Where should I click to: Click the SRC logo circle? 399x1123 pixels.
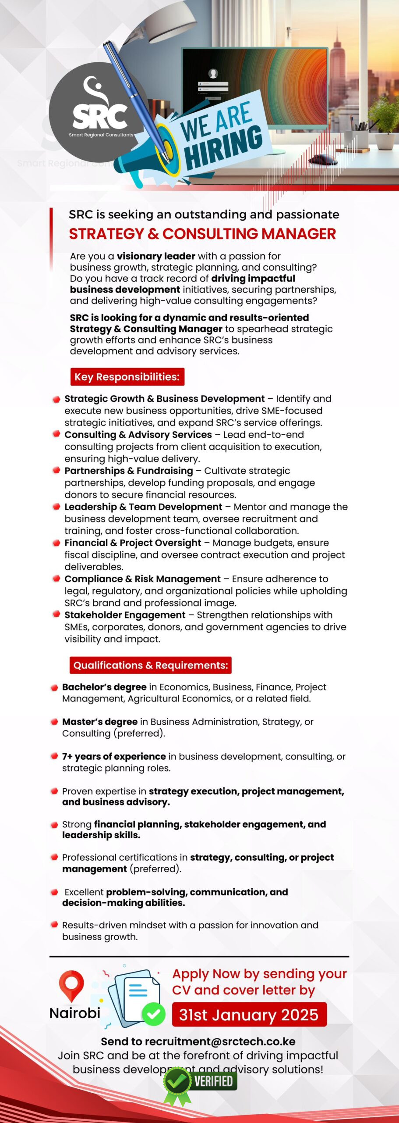point(94,107)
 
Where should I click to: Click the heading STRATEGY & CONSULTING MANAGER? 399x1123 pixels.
point(202,234)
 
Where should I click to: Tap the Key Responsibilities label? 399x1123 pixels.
point(127,377)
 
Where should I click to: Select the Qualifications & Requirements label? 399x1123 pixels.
point(150,665)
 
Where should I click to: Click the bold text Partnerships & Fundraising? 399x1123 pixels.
point(128,471)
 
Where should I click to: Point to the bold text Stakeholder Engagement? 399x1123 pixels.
point(125,615)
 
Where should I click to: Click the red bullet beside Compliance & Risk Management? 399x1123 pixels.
point(56,579)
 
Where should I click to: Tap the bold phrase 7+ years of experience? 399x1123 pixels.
point(114,756)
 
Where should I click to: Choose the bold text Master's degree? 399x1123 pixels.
point(100,722)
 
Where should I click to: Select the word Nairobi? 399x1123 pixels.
point(75,1013)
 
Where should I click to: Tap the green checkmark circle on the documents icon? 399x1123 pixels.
point(153,1014)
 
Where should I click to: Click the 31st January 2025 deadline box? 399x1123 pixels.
point(249,1015)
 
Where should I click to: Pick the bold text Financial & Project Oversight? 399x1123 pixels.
point(133,543)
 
